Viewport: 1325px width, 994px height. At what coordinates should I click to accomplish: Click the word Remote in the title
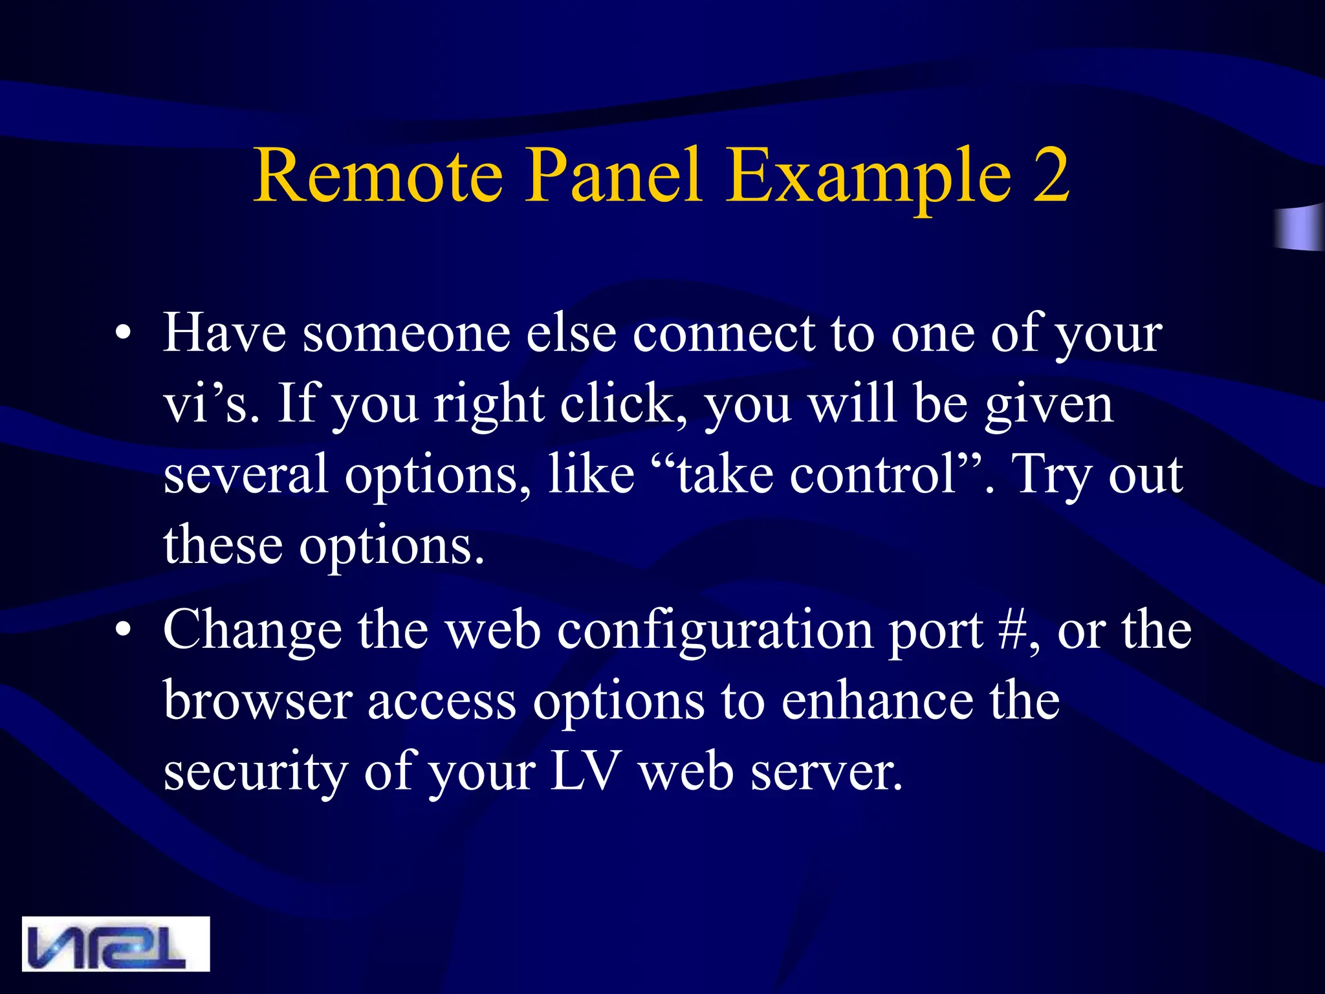pyautogui.click(x=378, y=175)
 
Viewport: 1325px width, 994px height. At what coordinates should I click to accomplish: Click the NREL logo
pyautogui.click(x=116, y=943)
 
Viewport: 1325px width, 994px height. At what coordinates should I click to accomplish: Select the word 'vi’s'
pyautogui.click(x=206, y=404)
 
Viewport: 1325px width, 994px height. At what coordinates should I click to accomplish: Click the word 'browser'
pyautogui.click(x=257, y=701)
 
